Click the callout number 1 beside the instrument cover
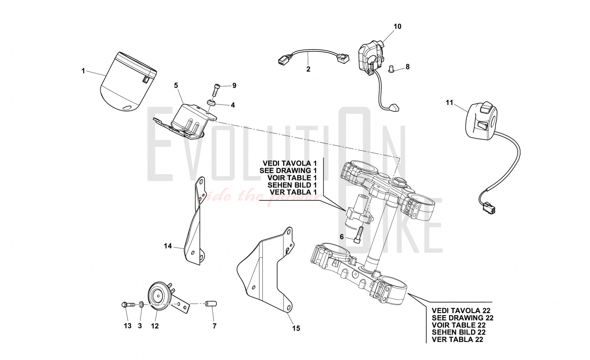coord(83,71)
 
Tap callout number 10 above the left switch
coord(397,27)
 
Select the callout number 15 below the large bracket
coord(296,328)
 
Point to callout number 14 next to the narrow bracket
coord(168,246)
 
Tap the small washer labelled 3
coord(141,304)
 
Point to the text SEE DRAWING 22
coord(462,318)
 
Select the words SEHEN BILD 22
coord(458,332)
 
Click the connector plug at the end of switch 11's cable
coord(489,209)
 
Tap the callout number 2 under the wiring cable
coord(308,69)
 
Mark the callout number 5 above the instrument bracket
coord(176,86)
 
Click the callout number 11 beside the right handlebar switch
coord(449,103)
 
